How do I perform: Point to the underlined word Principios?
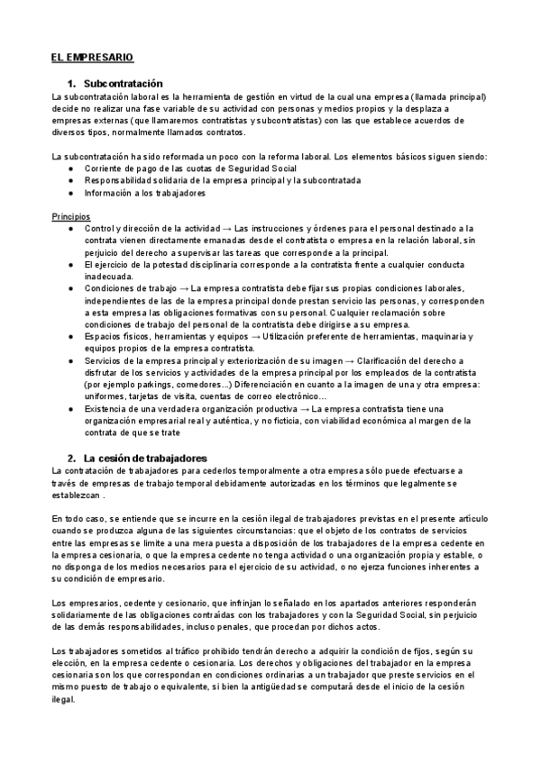coord(72,217)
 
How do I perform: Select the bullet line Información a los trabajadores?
coord(144,193)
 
